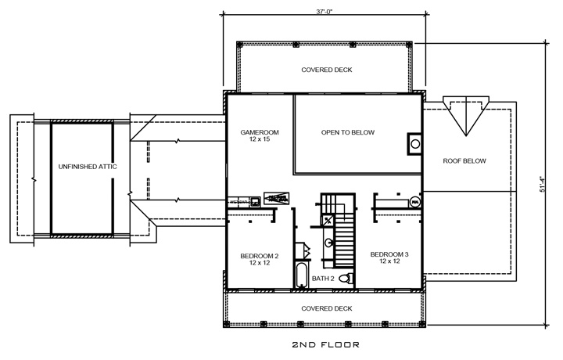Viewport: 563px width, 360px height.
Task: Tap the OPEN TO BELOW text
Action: [x=348, y=133]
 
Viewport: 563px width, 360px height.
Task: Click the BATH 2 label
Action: [x=324, y=279]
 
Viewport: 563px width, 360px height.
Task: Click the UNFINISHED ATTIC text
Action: [x=82, y=167]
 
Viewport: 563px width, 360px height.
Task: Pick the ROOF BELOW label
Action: [x=464, y=161]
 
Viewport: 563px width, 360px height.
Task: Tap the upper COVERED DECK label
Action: [x=326, y=70]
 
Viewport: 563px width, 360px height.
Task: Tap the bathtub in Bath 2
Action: [x=301, y=275]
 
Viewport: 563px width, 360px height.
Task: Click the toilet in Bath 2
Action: [x=353, y=278]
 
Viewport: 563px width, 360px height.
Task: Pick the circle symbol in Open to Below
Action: [x=414, y=144]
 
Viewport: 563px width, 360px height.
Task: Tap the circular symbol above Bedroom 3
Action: [x=414, y=201]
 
